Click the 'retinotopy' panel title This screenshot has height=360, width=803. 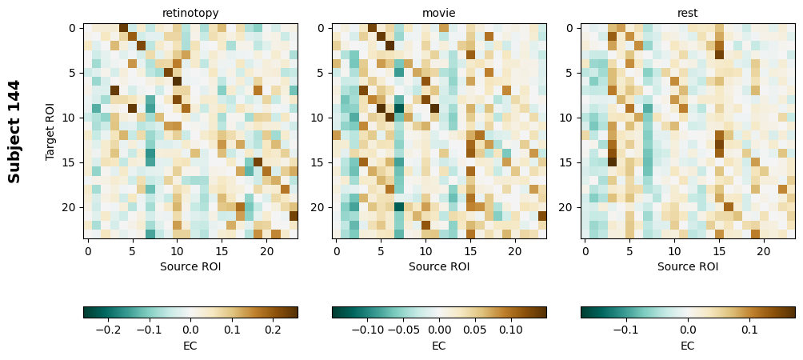tap(190, 13)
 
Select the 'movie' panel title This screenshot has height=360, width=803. tap(439, 13)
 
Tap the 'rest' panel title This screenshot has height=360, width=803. tap(688, 13)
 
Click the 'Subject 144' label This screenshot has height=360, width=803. tap(14, 131)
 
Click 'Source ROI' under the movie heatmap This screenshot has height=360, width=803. tap(439, 266)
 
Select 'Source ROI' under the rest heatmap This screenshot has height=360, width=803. tap(688, 266)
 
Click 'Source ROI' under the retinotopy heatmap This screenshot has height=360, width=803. tap(190, 266)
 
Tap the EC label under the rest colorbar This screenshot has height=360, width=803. tap(688, 346)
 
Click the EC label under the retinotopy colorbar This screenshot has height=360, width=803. tap(190, 346)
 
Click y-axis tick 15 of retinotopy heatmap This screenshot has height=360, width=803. tap(71, 162)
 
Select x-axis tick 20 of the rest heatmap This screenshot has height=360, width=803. tap(763, 252)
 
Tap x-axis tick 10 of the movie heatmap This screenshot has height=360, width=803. tap(425, 252)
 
